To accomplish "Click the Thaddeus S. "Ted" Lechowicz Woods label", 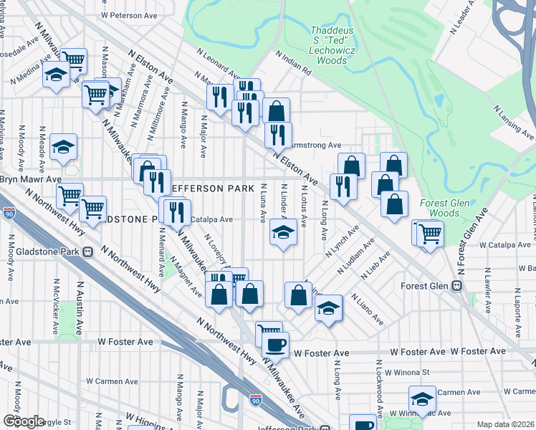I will point(330,45).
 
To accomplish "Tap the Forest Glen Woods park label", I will point(444,208).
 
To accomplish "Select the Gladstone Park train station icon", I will point(87,252).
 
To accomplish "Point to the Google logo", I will point(23,421).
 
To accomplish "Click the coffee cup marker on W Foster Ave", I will point(276,345).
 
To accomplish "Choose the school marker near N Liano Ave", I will point(329,307).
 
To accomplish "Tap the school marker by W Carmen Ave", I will point(422,398).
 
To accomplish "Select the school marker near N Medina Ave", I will point(54,75).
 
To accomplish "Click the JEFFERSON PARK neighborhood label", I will point(213,188).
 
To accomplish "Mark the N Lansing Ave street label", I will point(513,122).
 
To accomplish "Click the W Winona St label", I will point(406,373).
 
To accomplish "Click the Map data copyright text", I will point(506,424).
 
